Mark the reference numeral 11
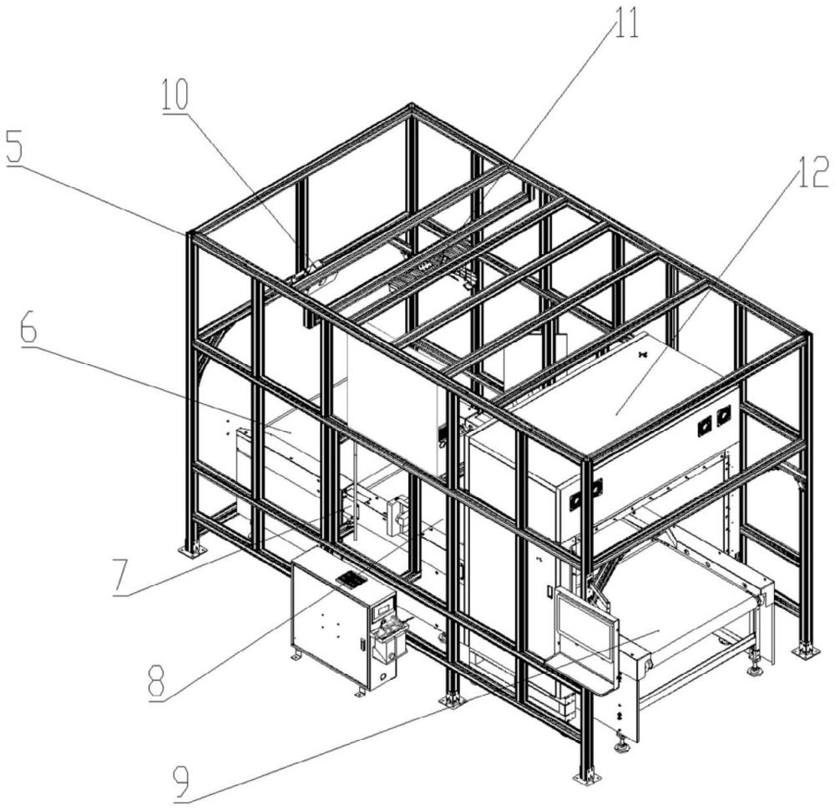tap(625, 25)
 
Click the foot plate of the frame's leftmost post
tap(193, 550)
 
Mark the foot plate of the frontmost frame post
tap(587, 778)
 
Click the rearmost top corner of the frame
tap(410, 107)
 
